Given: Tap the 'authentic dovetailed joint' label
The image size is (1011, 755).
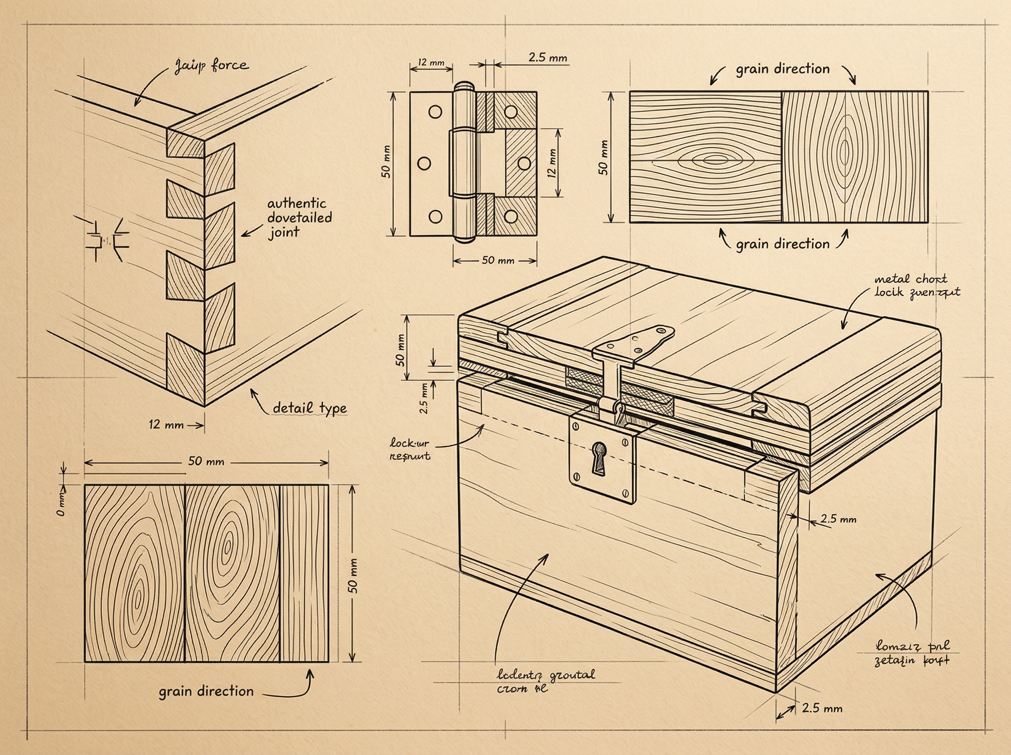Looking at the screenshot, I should tap(299, 217).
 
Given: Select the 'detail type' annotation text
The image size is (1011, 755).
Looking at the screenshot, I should tap(309, 408).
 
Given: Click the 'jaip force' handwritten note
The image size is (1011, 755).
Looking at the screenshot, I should tap(211, 66).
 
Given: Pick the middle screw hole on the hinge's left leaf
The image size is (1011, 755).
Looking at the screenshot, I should tap(424, 163).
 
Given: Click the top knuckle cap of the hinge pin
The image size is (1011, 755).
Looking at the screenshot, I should tap(464, 86).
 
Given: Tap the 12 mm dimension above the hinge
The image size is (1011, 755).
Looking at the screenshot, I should tap(431, 62).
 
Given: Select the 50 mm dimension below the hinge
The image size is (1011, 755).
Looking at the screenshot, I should tap(497, 260).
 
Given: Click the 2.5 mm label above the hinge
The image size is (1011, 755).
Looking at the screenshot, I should tap(547, 58).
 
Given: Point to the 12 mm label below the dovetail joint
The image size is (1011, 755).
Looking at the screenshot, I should tap(166, 425).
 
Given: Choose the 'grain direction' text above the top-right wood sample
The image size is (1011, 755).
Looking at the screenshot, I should tap(782, 69).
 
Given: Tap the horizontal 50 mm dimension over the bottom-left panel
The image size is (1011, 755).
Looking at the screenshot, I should tap(206, 461).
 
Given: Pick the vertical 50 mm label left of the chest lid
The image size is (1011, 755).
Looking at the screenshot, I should tap(400, 350).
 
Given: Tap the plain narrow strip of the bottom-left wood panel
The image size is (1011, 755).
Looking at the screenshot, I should tap(304, 573).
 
